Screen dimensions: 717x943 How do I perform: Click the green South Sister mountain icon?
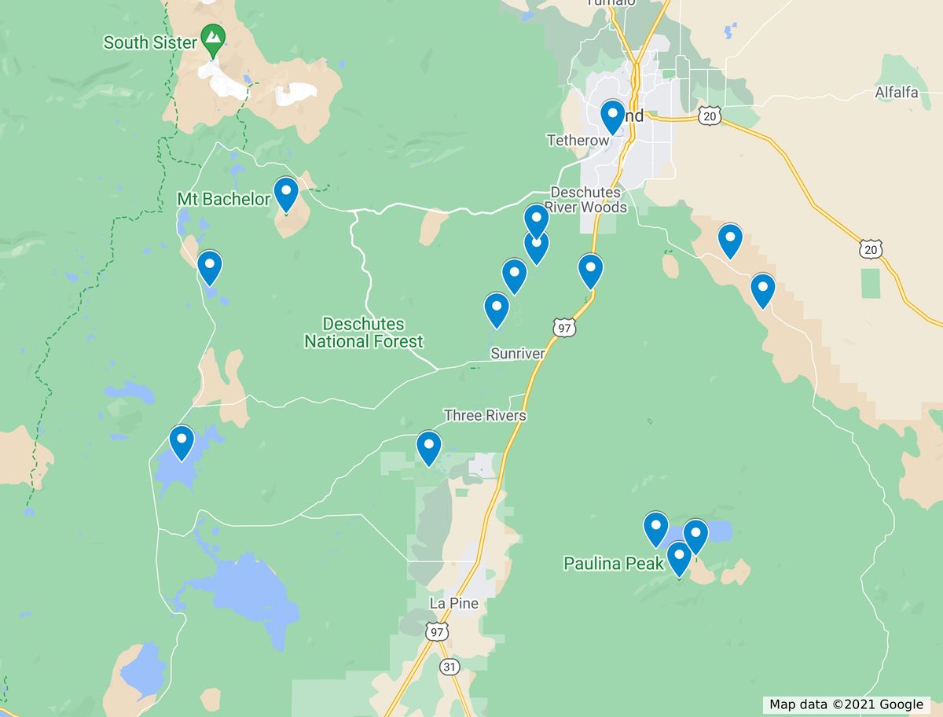click(212, 37)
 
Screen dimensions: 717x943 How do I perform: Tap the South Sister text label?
click(150, 42)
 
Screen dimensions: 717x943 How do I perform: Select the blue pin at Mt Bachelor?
click(286, 193)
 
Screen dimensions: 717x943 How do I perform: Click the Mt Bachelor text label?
click(223, 199)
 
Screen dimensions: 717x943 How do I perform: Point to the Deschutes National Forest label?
click(364, 333)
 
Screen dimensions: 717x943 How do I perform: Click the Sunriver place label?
click(517, 354)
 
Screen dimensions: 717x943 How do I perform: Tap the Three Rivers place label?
click(485, 415)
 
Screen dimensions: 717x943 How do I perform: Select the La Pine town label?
click(453, 603)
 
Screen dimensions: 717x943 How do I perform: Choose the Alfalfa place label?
click(897, 93)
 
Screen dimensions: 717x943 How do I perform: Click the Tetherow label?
click(578, 141)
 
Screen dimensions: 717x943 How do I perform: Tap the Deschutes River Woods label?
click(588, 200)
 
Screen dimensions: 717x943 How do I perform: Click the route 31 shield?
click(449, 667)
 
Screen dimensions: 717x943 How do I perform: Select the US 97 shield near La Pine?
click(437, 631)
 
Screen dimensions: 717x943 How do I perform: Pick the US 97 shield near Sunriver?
click(563, 328)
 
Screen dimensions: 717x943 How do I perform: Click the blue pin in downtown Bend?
click(613, 116)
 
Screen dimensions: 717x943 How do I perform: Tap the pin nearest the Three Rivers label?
click(428, 447)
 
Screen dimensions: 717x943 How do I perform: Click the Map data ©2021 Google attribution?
click(846, 704)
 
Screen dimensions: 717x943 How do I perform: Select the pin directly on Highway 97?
click(590, 270)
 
